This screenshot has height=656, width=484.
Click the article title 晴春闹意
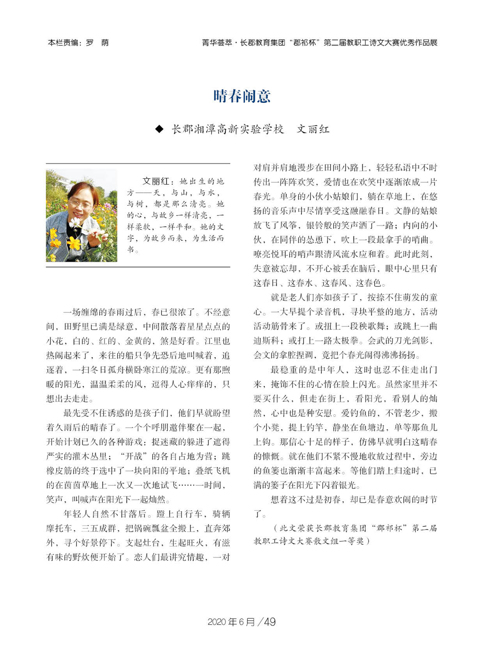[242, 96]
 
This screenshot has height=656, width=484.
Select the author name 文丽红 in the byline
[313, 129]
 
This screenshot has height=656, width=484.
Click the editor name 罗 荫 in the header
[97, 43]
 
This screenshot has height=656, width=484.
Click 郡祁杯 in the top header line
[304, 43]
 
